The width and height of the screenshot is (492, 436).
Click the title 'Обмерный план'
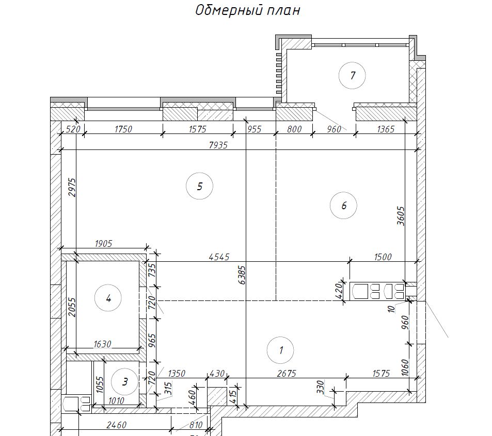pos(248,10)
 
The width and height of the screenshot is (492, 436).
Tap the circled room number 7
pos(352,75)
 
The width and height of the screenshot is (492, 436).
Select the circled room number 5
pos(200,186)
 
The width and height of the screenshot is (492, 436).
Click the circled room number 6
pos(344,206)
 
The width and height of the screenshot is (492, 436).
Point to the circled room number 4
pos(108,298)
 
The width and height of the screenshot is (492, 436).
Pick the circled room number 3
pos(125,381)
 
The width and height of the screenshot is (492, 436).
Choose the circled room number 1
pos(280,350)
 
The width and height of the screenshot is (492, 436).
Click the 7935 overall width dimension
pos(218,145)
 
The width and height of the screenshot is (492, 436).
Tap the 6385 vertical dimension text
pos(242,275)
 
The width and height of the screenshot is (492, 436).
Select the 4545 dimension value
pos(219,257)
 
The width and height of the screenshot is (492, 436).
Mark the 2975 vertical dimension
pos(72,187)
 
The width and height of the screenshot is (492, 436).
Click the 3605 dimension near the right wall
pos(401,216)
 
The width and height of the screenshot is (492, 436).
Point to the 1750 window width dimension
pos(123,129)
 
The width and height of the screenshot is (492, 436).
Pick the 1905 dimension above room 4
pos(103,243)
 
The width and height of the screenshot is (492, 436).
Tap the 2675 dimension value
pos(287,373)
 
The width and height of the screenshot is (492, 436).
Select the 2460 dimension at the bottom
pos(116,425)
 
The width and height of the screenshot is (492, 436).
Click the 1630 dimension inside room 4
pos(102,344)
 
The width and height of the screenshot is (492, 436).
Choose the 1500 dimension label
pos(383,257)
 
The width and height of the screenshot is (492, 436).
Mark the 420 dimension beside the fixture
pos(339,291)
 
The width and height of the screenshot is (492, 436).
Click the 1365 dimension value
pos(386,129)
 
